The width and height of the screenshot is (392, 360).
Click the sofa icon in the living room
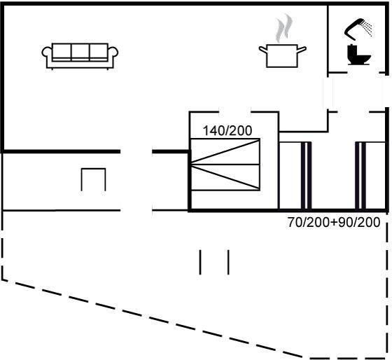(x=80, y=56)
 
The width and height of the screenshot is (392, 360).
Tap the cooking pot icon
(x=282, y=56)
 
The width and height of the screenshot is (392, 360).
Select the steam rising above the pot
(x=284, y=28)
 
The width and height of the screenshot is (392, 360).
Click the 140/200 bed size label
(x=227, y=130)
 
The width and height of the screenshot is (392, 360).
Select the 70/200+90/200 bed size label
(x=334, y=222)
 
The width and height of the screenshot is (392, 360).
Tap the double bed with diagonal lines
(x=225, y=165)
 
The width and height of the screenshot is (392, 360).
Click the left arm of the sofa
(x=48, y=55)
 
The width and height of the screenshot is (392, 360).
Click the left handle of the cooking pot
(x=263, y=49)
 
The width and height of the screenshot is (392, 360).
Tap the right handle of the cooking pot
(x=302, y=49)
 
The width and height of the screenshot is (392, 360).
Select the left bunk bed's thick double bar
(x=306, y=175)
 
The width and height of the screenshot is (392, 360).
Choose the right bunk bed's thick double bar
(x=360, y=175)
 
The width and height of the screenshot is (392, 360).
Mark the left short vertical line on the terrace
(x=200, y=262)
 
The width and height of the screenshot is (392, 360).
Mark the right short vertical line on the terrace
(x=228, y=262)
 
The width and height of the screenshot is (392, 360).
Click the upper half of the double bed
(x=225, y=151)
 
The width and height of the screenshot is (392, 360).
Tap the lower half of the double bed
(x=225, y=177)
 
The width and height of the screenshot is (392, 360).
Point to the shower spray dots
(x=367, y=28)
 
